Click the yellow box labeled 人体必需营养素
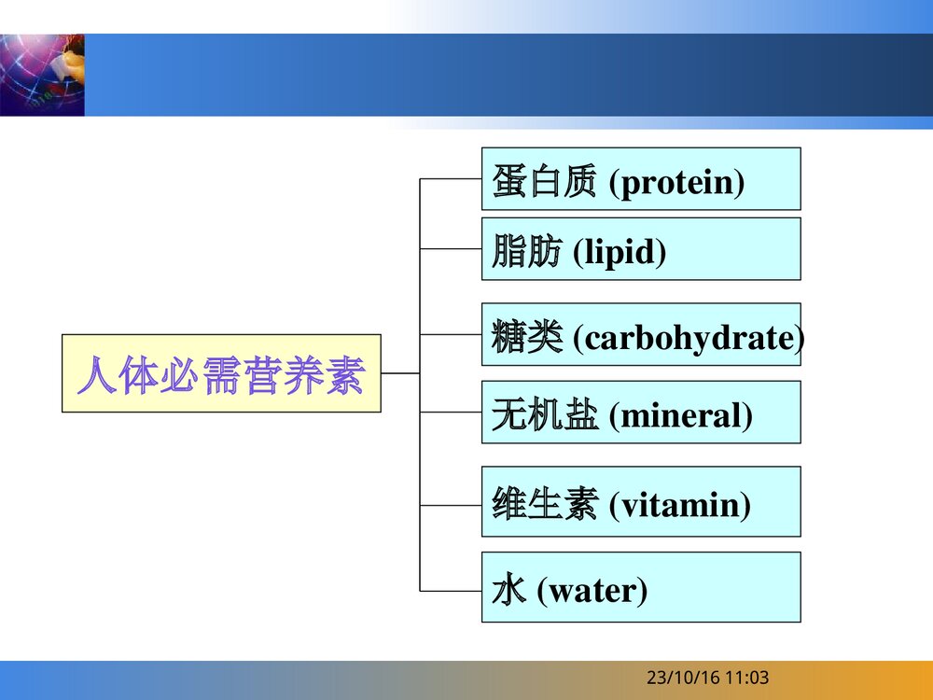(x=221, y=373)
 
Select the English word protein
(x=677, y=183)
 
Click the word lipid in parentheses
(x=619, y=252)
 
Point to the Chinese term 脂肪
(x=526, y=252)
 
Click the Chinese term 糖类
(x=526, y=338)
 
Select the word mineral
(x=680, y=415)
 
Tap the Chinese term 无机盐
(x=543, y=415)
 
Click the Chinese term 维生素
(x=543, y=505)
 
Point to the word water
(x=592, y=591)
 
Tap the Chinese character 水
(x=508, y=591)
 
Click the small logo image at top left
(x=42, y=75)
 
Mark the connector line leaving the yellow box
(x=400, y=373)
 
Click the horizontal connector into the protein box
(x=451, y=178)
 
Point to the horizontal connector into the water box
(x=451, y=590)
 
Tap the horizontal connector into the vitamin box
(x=451, y=505)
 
